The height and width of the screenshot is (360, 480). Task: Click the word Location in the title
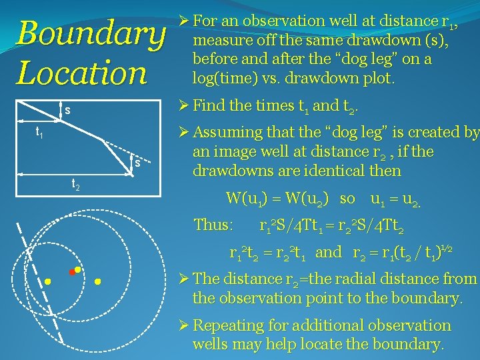(81, 73)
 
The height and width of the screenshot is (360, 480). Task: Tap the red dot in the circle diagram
(72, 273)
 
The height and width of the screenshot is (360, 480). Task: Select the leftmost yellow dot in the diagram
(48, 282)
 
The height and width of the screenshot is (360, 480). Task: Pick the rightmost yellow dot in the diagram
(98, 282)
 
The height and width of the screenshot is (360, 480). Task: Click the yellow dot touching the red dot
(78, 269)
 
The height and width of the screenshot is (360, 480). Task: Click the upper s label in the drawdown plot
(67, 109)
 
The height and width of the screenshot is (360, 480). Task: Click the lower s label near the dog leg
(137, 163)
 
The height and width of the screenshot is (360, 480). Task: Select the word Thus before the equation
(213, 225)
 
